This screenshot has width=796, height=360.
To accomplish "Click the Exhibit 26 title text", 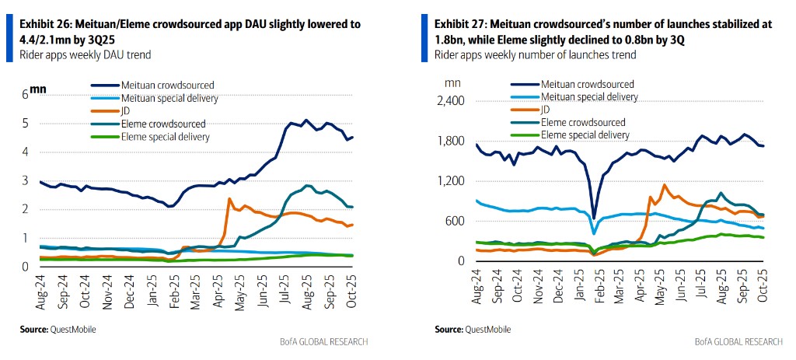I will click(190, 31).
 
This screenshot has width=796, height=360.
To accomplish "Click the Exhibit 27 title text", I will click(603, 31).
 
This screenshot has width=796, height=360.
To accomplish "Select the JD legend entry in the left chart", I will click(127, 110).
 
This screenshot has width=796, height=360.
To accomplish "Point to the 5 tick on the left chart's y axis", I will click(25, 123).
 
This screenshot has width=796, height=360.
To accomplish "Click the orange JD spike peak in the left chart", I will click(229, 199).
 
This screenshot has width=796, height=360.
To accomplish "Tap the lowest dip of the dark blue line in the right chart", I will click(594, 218).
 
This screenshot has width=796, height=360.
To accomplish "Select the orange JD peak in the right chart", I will click(665, 185).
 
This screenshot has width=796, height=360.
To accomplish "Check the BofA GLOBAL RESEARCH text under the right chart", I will click(737, 342).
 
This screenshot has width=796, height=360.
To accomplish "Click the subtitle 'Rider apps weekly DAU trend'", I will click(86, 54).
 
